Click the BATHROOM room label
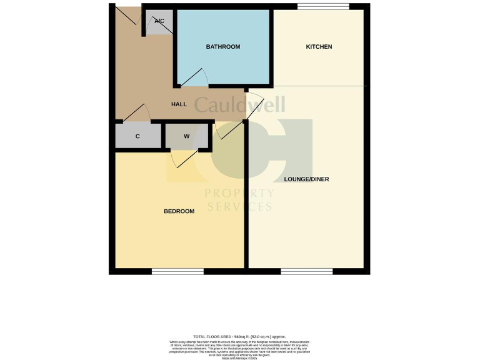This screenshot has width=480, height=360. (223, 47)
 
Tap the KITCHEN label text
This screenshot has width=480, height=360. (318, 47)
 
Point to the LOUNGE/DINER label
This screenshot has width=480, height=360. (306, 179)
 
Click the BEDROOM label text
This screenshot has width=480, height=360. (179, 211)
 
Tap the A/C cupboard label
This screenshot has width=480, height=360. (159, 21)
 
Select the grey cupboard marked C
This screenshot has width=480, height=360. (137, 136)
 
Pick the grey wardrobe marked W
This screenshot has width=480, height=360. (186, 136)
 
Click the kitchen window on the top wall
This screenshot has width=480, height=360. (322, 7)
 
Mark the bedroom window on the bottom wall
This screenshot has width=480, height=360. (177, 271)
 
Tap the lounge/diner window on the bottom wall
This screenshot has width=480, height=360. (306, 271)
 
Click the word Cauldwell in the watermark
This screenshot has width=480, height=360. (239, 104)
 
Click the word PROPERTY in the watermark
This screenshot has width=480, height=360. (239, 193)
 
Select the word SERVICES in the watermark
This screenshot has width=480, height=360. (239, 206)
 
